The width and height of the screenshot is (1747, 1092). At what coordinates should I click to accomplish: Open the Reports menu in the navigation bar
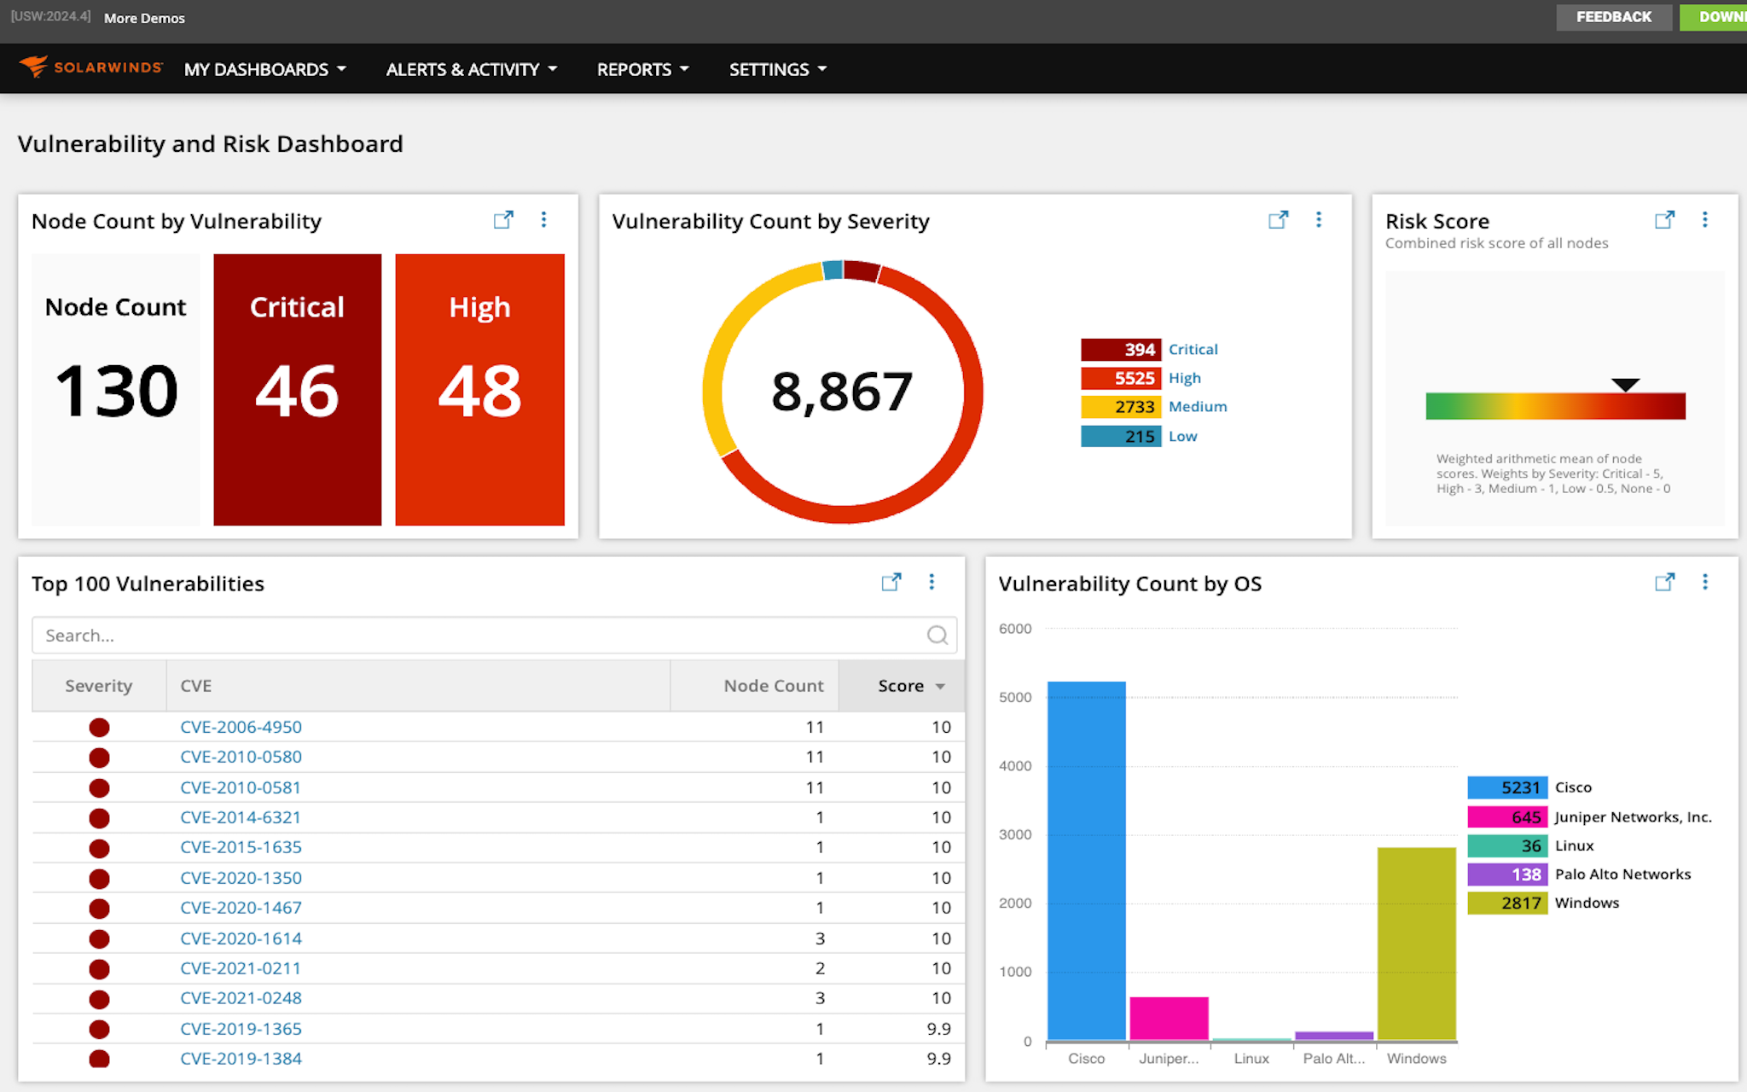pos(641,69)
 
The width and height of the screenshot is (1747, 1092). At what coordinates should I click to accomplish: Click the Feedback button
pos(1613,17)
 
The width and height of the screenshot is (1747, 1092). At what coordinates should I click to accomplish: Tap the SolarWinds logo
pos(90,67)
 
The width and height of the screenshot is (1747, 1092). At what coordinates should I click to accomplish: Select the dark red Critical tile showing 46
pos(297,389)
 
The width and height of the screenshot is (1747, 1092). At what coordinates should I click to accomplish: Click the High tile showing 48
pos(479,389)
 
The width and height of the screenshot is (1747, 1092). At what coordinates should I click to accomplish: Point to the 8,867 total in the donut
pos(842,392)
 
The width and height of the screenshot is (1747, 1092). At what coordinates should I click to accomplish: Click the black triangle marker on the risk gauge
pos(1625,385)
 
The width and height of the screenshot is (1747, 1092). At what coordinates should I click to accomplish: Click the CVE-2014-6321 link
pos(241,817)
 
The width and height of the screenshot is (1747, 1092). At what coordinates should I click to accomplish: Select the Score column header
pos(902,686)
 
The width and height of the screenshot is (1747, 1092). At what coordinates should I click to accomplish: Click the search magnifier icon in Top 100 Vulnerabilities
pos(937,636)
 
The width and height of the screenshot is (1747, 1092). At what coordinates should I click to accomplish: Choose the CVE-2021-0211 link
pos(241,968)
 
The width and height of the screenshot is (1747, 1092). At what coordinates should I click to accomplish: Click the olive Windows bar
pos(1416,943)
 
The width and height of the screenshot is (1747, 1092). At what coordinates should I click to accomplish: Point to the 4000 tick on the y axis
pos(1015,766)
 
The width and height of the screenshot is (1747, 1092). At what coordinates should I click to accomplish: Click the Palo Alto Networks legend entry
pos(1622,874)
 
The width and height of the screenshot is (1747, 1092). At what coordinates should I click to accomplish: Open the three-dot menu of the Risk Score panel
pos(1704,220)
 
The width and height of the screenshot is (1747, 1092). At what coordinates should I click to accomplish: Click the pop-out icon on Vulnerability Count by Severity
pos(1277,220)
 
